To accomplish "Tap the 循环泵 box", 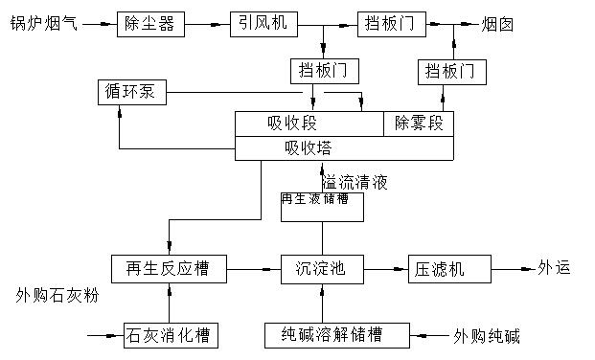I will [133, 93].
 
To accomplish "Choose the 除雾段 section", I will [419, 124].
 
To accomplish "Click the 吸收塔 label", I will [308, 148].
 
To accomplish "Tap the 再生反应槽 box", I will [169, 269].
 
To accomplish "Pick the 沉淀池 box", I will [321, 269].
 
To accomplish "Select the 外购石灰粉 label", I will [57, 296].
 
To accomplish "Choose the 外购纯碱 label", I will [486, 336].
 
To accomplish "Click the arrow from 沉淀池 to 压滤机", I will [385, 269].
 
